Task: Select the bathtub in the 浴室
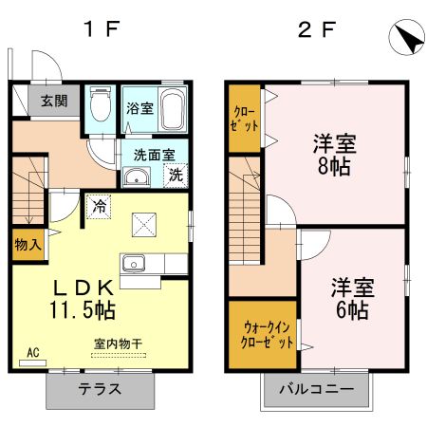tap(172, 111)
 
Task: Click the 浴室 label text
tap(139, 108)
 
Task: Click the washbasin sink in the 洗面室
tap(136, 175)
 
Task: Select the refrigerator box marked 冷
tap(99, 204)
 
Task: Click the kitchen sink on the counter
tap(132, 264)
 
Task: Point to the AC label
tap(32, 354)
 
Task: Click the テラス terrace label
tap(99, 389)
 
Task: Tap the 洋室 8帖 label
tap(335, 155)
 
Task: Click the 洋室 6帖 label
tap(350, 297)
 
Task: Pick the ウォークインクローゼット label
tap(260, 333)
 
